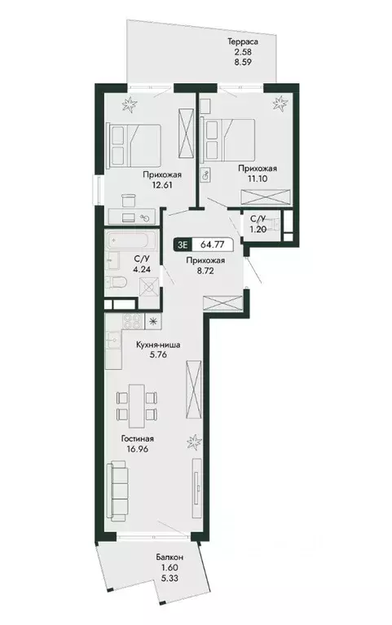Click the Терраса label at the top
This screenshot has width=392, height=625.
pos(243,41)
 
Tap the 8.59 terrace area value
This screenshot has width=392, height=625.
pos(243,62)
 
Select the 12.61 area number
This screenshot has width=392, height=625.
pos(161,185)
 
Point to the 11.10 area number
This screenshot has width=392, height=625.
pos(258,178)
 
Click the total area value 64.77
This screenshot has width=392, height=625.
pos(212,244)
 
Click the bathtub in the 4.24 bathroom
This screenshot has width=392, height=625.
pos(128,241)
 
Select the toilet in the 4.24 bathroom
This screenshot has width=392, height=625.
pos(116,284)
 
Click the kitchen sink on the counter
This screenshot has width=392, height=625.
pos(112,340)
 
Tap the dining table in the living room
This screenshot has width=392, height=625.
pos(137,406)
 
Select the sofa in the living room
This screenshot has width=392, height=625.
pos(117,491)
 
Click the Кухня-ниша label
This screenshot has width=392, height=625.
pos(158,346)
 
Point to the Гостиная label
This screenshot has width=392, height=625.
pos(138,439)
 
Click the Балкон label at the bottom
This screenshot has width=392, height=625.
pos(170,557)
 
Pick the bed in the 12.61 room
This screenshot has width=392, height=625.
pos(134,145)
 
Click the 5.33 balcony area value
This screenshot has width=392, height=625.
pos(170,578)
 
